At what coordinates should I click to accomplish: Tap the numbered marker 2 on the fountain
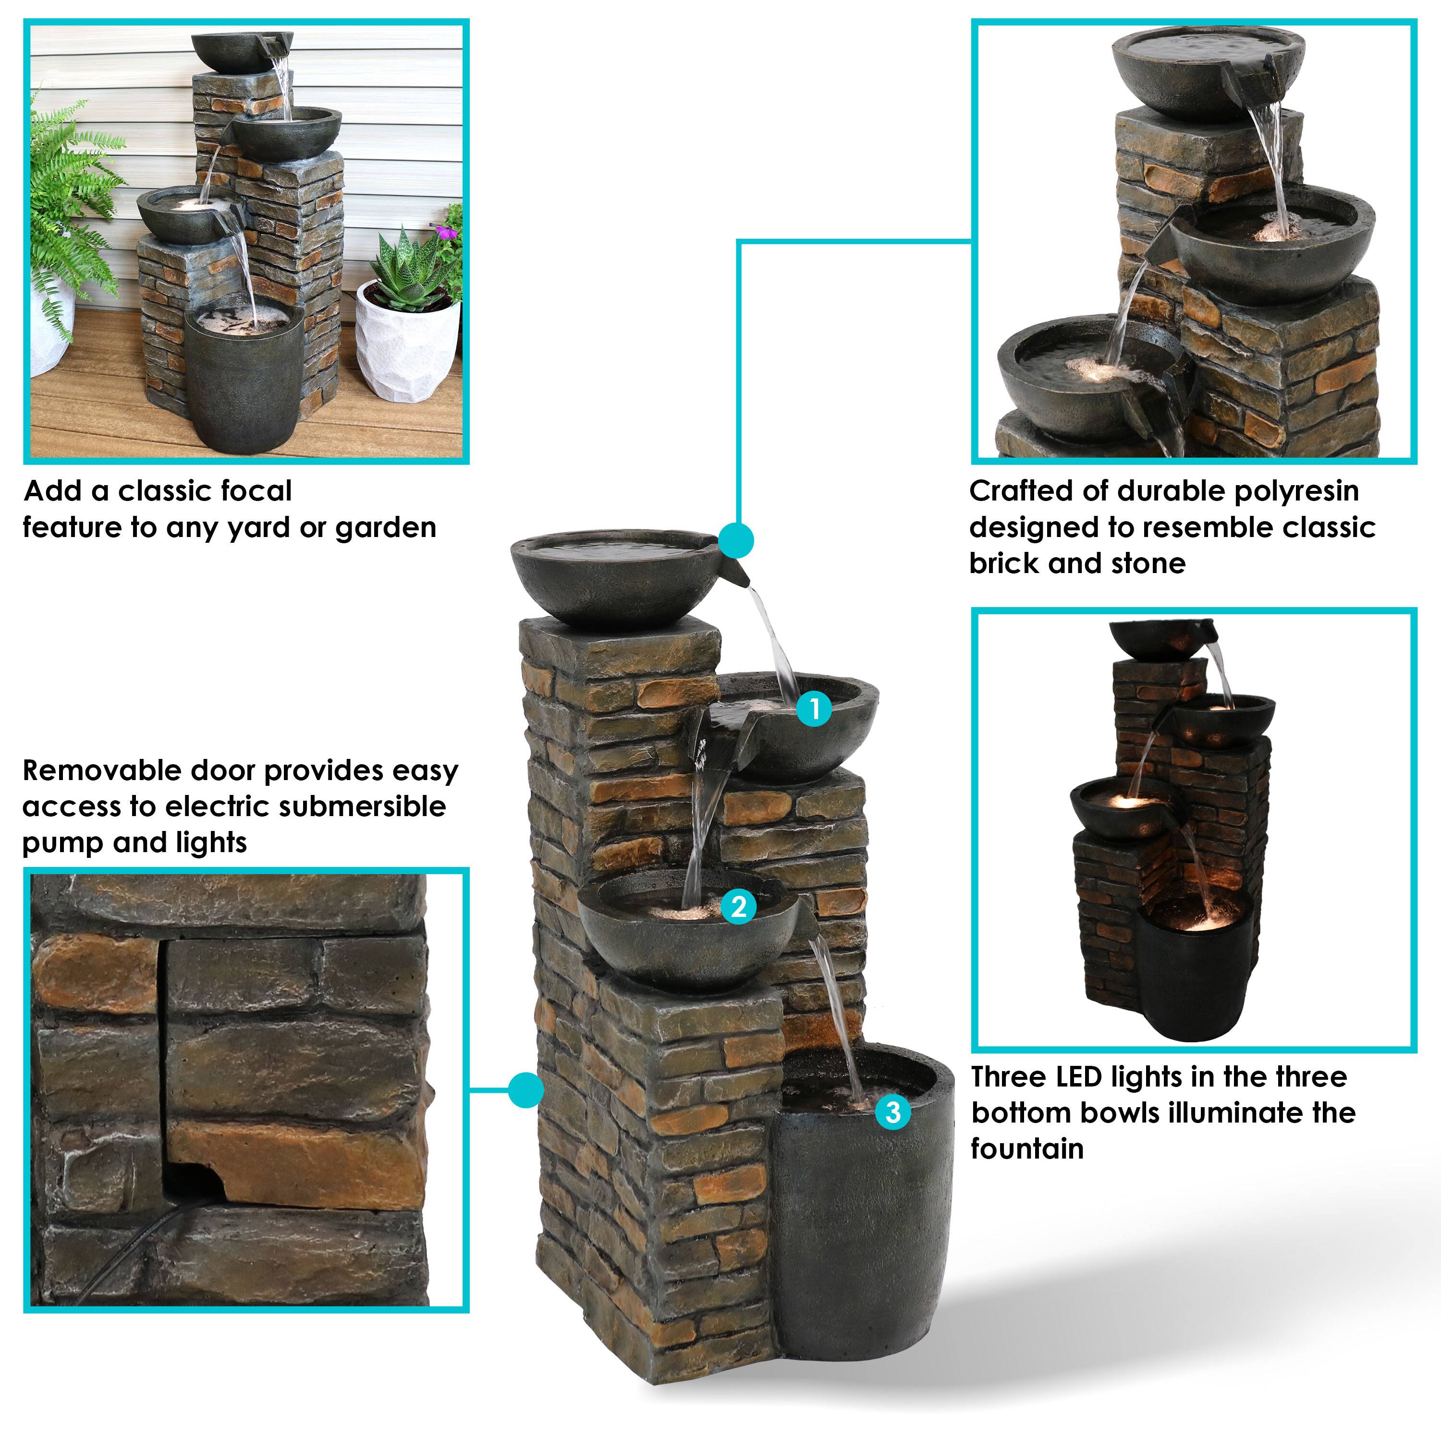tap(738, 907)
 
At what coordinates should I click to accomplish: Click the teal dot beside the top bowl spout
tap(736, 540)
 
